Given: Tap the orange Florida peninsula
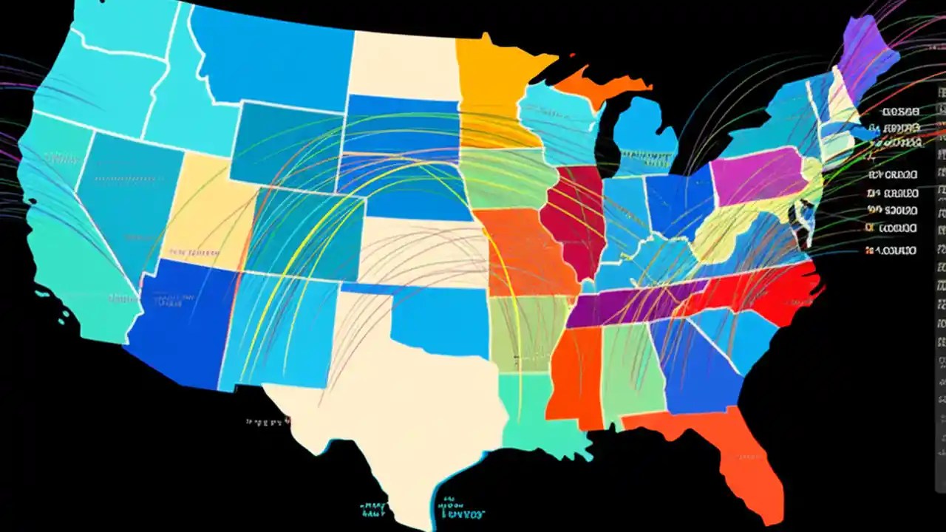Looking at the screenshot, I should point(746,451).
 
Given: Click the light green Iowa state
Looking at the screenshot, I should point(506,177).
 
